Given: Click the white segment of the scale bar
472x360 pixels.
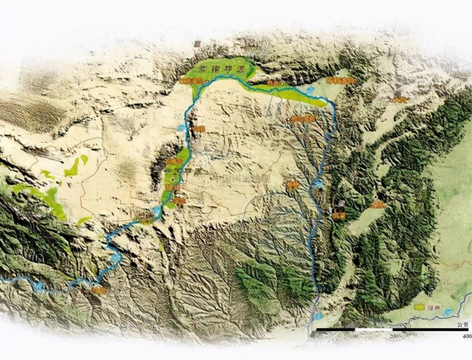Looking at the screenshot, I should tap(373, 329).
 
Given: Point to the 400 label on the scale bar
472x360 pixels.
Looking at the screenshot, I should tap(466, 336).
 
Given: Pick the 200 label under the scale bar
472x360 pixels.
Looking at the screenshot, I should tap(395, 336).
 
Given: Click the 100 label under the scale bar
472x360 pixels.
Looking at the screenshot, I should tap(351, 336).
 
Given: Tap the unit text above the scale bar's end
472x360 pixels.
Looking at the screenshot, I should tap(463, 325).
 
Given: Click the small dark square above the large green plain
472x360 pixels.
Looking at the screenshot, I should tap(197, 43).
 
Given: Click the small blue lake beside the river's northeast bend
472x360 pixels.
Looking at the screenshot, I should tap(311, 89).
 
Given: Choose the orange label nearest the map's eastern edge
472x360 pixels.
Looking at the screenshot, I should tap(400, 99).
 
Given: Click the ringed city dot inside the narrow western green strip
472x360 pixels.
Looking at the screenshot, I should tap(173, 180).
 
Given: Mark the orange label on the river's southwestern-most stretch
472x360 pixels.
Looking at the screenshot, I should tap(99, 291).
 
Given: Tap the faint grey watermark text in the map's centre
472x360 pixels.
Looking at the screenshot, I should tap(241, 178).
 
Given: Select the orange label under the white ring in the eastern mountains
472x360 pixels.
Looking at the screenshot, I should tap(378, 205).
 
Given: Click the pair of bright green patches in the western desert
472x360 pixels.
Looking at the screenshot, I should tap(76, 165).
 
